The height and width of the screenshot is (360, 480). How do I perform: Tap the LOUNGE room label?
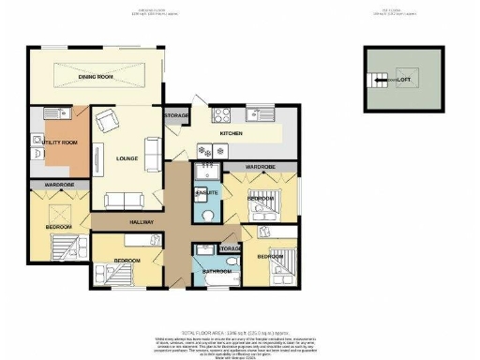(x=127, y=158)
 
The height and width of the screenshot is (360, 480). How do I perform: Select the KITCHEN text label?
(x=231, y=134)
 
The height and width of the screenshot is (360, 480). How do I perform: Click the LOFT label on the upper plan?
(x=403, y=81)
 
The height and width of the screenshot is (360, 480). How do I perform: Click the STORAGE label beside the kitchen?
(x=176, y=115)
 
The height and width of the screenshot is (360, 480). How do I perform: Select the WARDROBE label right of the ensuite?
(x=260, y=166)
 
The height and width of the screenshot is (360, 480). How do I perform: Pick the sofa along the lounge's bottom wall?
(x=125, y=199)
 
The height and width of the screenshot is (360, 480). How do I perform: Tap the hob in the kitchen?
(x=224, y=116)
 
